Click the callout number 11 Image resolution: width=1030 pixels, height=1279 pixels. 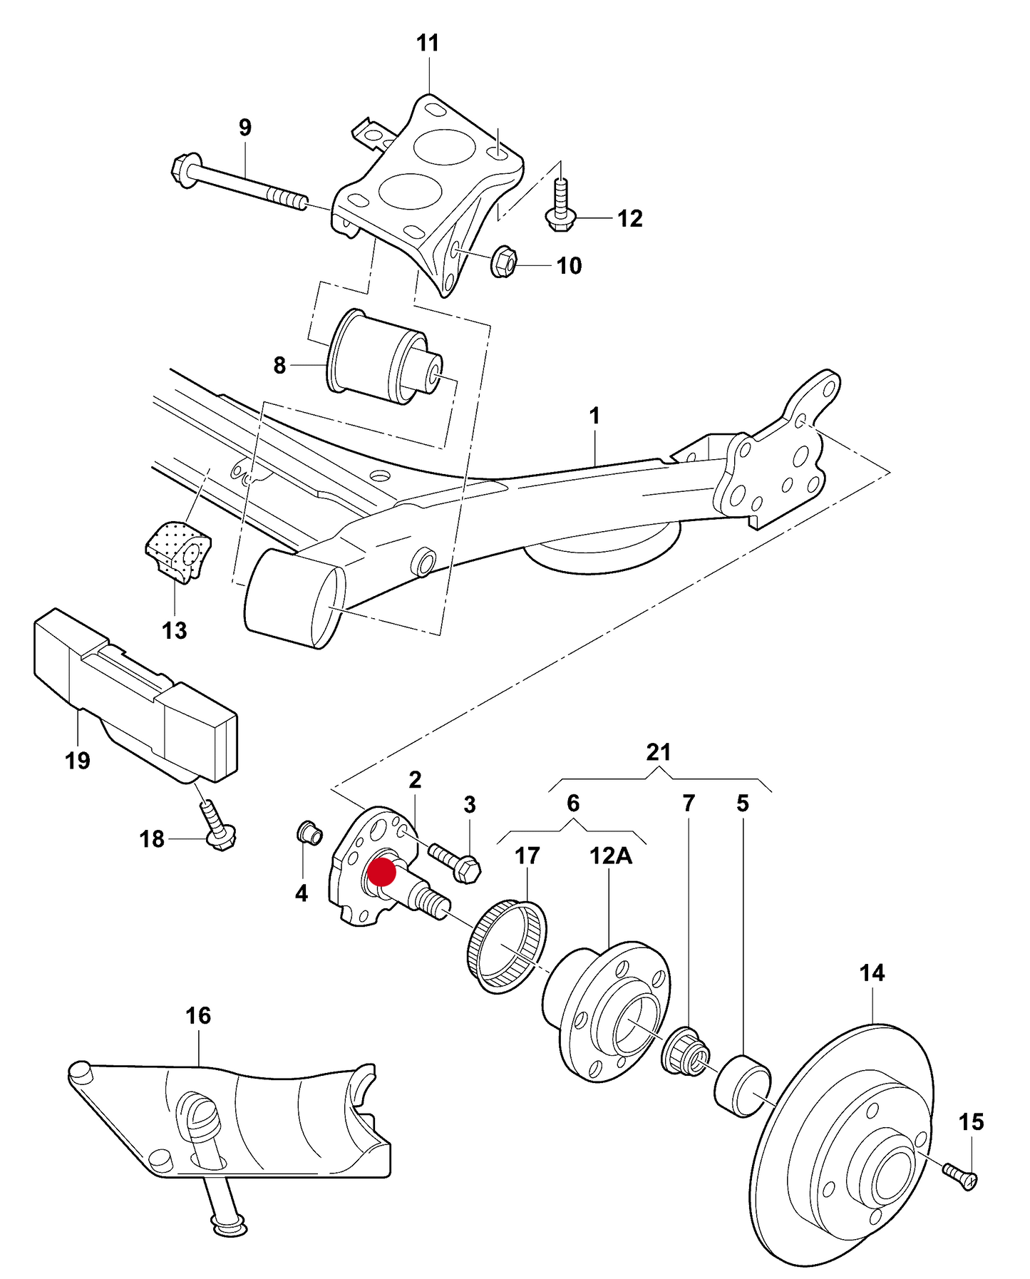coord(428,43)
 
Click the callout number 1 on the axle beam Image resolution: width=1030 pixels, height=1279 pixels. coord(594,416)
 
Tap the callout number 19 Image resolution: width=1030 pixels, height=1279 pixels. coord(78,761)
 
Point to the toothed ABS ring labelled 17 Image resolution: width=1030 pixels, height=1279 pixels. coord(508,946)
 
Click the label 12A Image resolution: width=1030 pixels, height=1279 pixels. coord(611,855)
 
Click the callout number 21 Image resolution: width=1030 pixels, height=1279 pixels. coord(659,752)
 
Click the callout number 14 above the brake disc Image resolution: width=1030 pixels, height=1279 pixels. coord(872,972)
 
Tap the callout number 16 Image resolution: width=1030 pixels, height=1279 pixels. coord(198,1015)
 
